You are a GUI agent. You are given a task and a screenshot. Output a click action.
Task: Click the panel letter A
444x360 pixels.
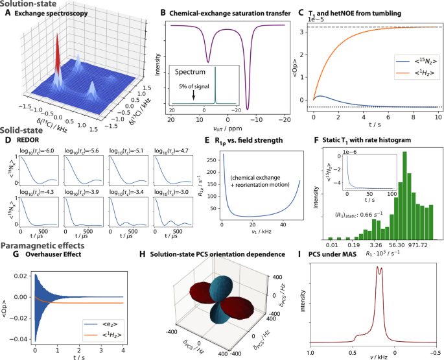pos(8,12)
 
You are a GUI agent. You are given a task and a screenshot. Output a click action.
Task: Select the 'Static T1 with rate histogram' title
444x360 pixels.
pos(378,139)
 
